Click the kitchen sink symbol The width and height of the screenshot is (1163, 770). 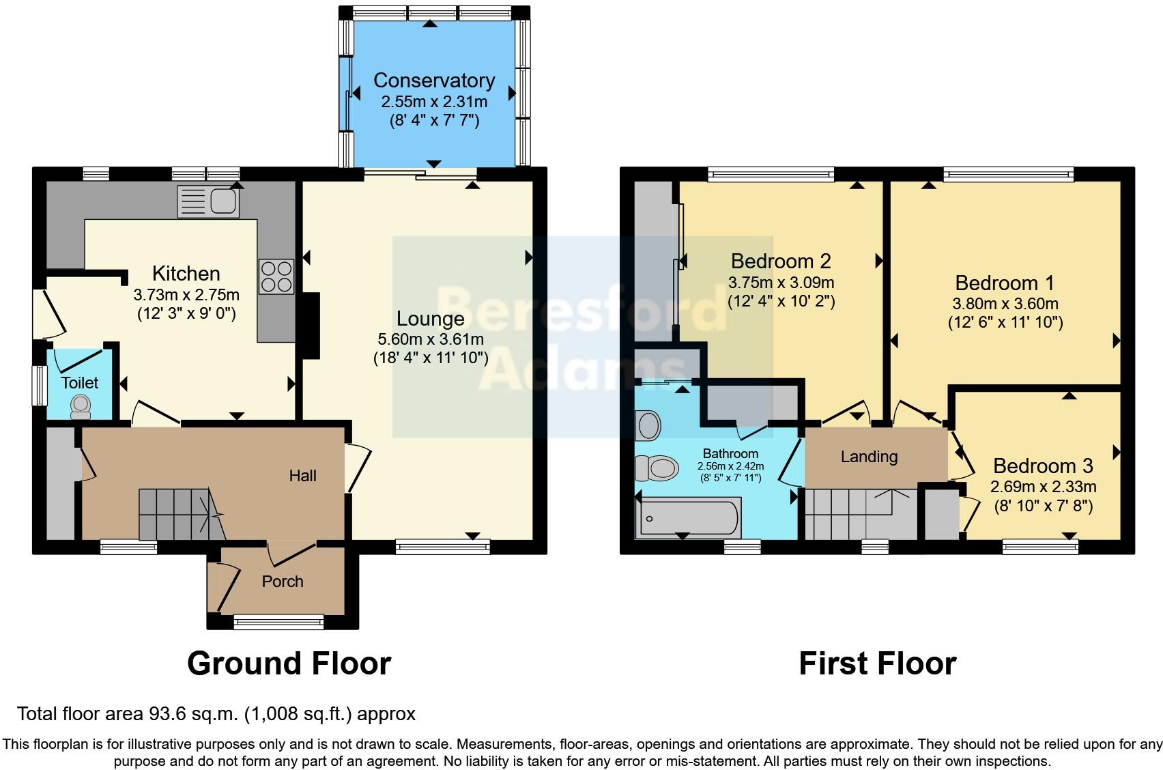point(208,201)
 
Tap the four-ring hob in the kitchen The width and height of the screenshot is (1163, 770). point(276,277)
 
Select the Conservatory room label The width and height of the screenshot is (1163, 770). point(434,81)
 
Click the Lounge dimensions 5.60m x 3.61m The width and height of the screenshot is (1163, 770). point(431,339)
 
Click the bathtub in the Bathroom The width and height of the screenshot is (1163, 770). point(687,517)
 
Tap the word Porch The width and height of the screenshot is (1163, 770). point(283,582)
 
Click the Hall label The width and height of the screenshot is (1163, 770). point(302,476)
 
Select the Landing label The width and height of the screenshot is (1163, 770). point(869,457)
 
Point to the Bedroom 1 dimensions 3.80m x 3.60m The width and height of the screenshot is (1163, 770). point(1005,304)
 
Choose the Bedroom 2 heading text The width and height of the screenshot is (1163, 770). point(781,261)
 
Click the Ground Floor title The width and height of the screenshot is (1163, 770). point(289,664)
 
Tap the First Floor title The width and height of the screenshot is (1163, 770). point(877,664)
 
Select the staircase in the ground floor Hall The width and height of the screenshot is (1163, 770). point(179,513)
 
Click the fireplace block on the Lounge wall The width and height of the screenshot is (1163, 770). point(311,326)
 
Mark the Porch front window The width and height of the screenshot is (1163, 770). point(278,621)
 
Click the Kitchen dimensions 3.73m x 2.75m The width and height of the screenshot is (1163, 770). point(186,295)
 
